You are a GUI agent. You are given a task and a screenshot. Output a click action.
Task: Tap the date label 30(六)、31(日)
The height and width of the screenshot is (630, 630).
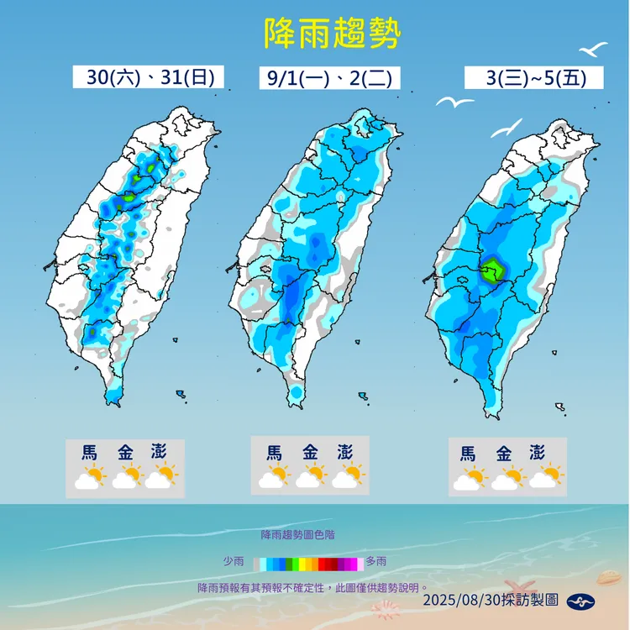149,77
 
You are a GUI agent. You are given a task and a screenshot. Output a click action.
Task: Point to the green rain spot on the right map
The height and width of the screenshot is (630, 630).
492,270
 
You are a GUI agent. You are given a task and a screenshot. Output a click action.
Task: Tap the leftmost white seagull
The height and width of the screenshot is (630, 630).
454,102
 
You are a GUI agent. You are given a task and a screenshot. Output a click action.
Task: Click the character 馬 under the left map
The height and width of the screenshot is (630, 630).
89,451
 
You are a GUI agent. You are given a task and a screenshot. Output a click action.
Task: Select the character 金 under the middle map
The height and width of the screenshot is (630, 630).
310,451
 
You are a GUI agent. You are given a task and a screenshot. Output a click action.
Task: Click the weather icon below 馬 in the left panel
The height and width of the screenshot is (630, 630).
89,477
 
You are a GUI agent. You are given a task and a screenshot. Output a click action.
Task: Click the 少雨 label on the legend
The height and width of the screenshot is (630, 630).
234,561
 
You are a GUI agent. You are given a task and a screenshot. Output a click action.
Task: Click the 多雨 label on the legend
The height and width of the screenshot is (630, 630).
376,561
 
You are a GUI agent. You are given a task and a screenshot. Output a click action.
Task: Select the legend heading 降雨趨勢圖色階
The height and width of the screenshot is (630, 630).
297,534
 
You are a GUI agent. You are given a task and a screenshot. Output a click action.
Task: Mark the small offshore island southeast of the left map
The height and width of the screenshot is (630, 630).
181,394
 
